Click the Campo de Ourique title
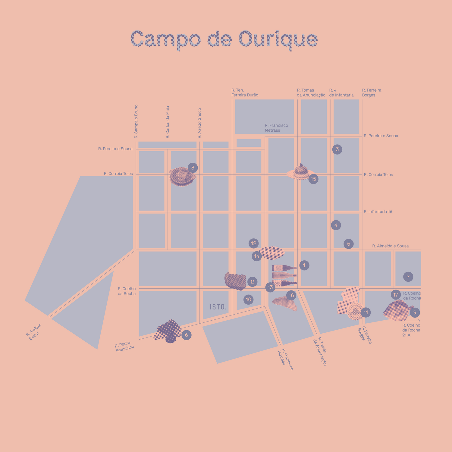[x=224, y=40]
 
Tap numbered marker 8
[x=193, y=168]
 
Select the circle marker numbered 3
[x=337, y=149]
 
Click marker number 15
[x=313, y=179]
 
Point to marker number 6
[x=186, y=335]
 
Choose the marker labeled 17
[x=396, y=295]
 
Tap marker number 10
[x=248, y=300]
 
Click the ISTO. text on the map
[x=218, y=307]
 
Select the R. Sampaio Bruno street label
[x=136, y=121]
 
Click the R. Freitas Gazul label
[x=33, y=332]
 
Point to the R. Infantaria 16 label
[x=378, y=212]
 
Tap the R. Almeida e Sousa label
[x=390, y=246]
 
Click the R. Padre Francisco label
[x=124, y=347]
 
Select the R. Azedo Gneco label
[x=199, y=123]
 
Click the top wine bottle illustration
[x=284, y=268]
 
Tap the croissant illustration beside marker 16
[x=285, y=303]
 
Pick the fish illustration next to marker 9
[x=396, y=311]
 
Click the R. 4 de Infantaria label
[x=341, y=93]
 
